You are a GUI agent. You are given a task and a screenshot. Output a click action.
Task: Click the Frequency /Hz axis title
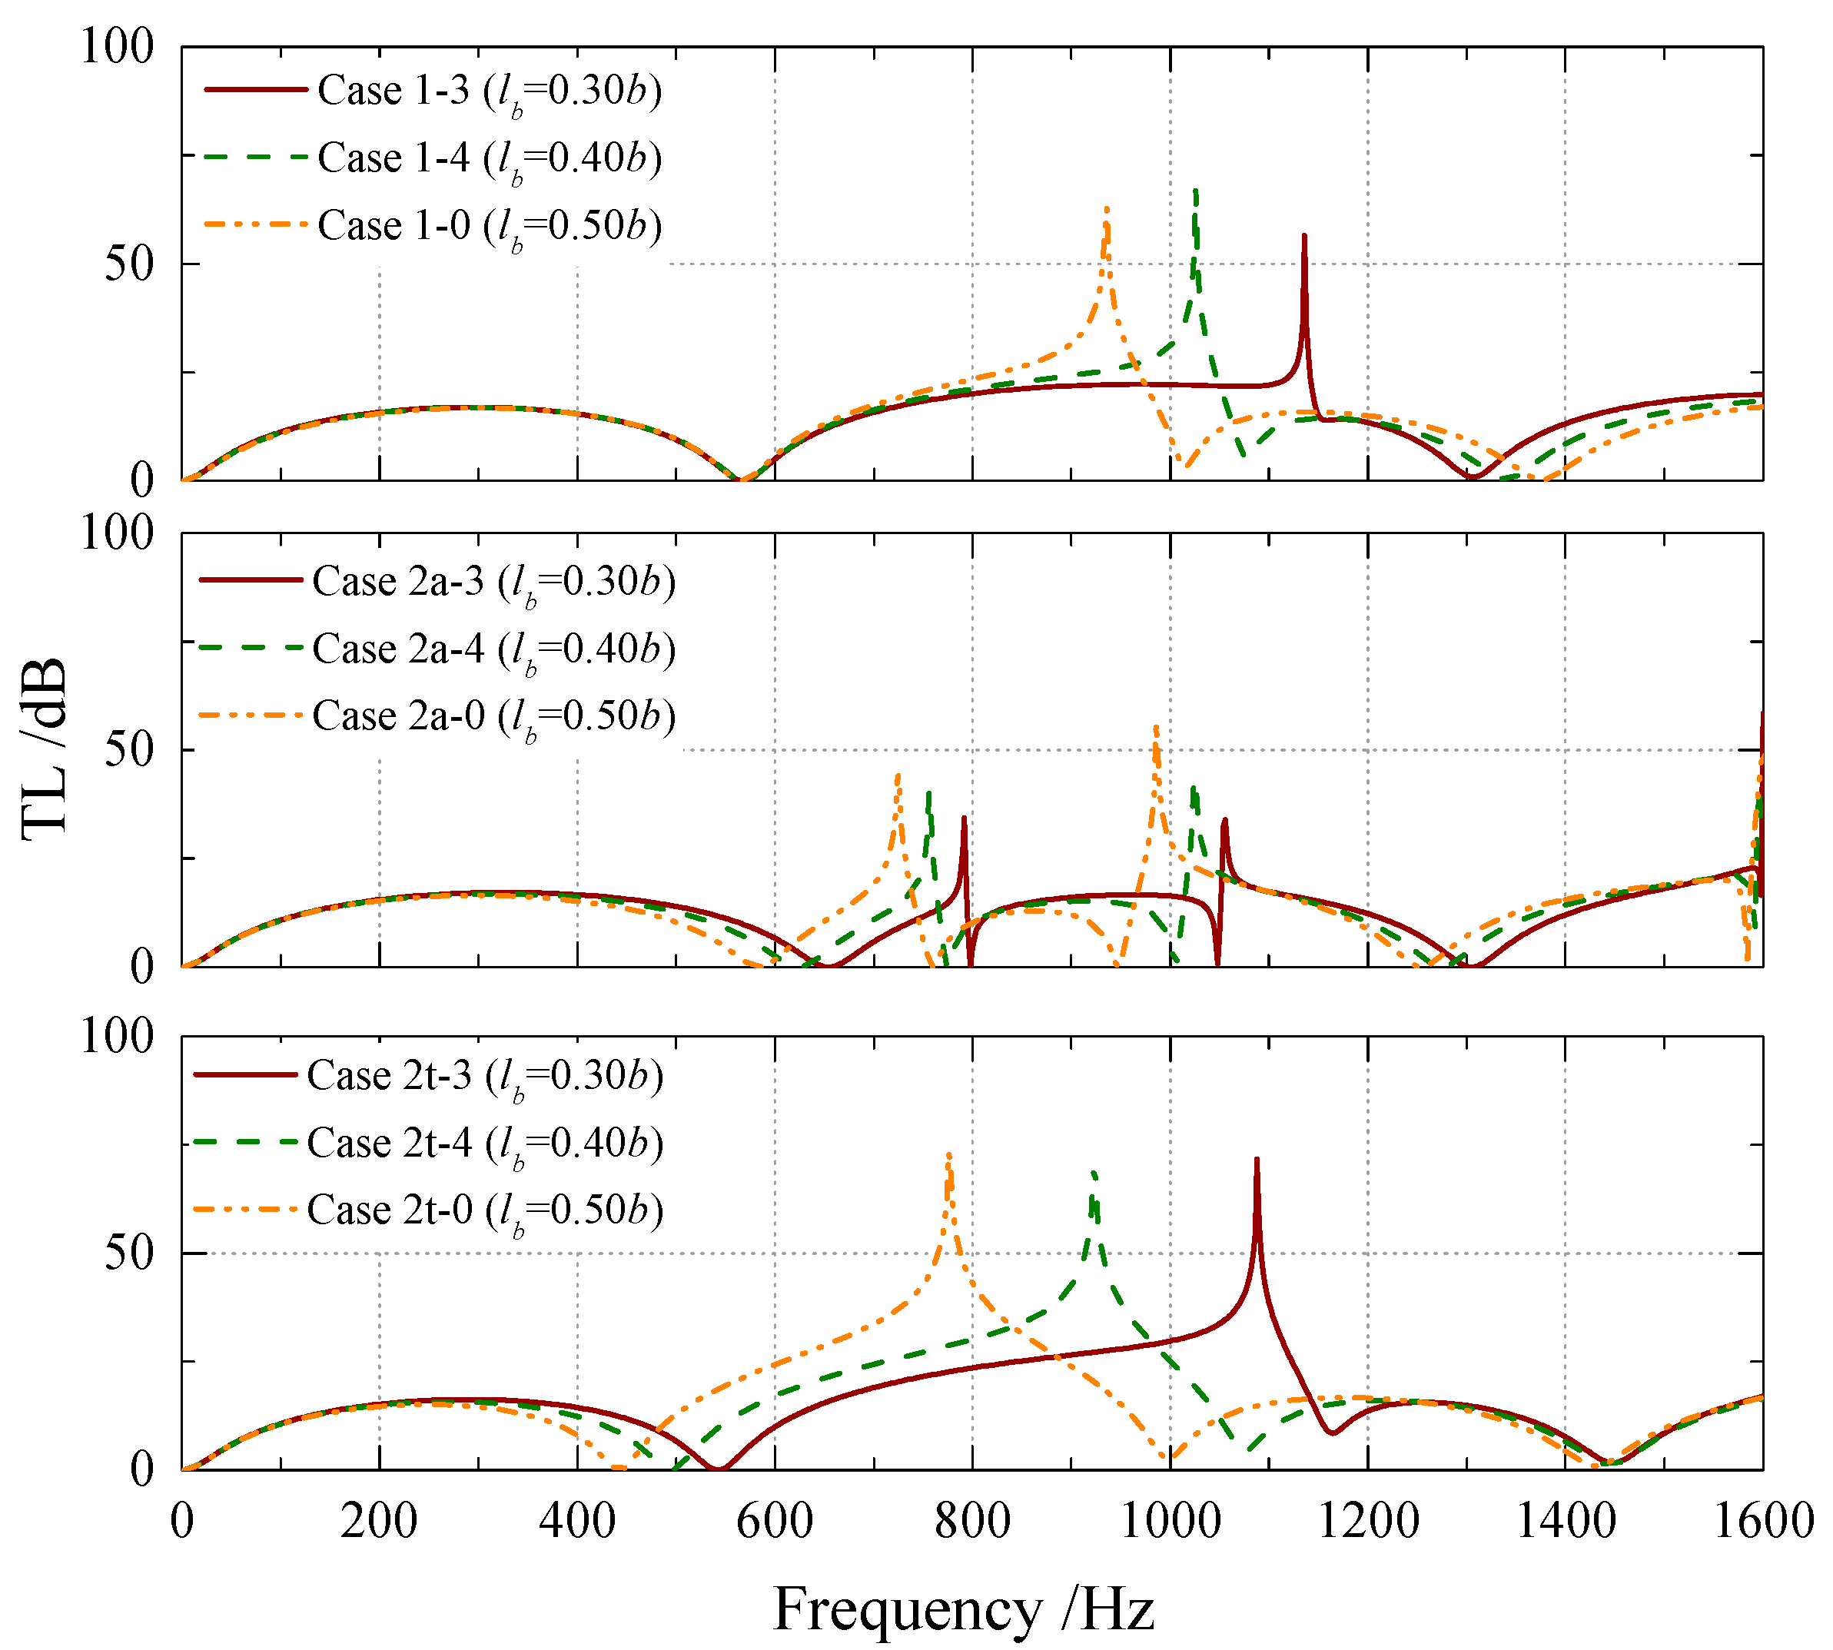tap(964, 1609)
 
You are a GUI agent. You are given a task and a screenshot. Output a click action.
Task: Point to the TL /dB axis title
tap(45, 749)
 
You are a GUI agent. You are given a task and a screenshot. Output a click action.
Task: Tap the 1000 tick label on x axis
tap(1171, 1520)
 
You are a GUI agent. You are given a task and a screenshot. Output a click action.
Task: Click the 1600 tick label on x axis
tap(1762, 1520)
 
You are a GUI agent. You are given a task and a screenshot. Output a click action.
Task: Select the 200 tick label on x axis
tap(379, 1520)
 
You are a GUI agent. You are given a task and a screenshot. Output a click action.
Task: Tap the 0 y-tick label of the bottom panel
tap(142, 1469)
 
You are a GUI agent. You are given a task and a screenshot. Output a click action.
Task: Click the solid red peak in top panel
tap(1303, 237)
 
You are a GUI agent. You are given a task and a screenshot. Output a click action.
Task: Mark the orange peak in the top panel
tap(1107, 211)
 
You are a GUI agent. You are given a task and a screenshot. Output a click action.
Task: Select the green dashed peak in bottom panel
tap(1094, 1173)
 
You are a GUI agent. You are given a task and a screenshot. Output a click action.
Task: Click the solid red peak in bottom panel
tap(1257, 1160)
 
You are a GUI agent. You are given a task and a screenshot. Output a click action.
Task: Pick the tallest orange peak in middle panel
tap(1155, 728)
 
